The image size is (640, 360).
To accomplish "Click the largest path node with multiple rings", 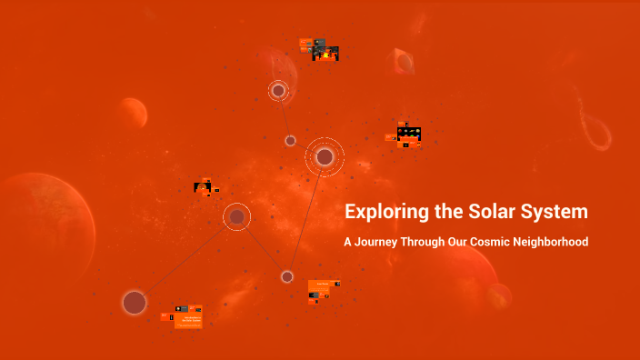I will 325,157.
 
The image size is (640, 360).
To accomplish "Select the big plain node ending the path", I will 135,303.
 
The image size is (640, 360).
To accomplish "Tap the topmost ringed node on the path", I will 278,91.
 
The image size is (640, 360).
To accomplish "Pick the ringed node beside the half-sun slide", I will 237,216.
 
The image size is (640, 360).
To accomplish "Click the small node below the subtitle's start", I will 287,276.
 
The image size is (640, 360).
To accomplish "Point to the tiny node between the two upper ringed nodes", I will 290,141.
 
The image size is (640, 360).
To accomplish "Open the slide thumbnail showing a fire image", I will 325,53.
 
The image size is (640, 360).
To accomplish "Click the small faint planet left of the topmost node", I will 133,113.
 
